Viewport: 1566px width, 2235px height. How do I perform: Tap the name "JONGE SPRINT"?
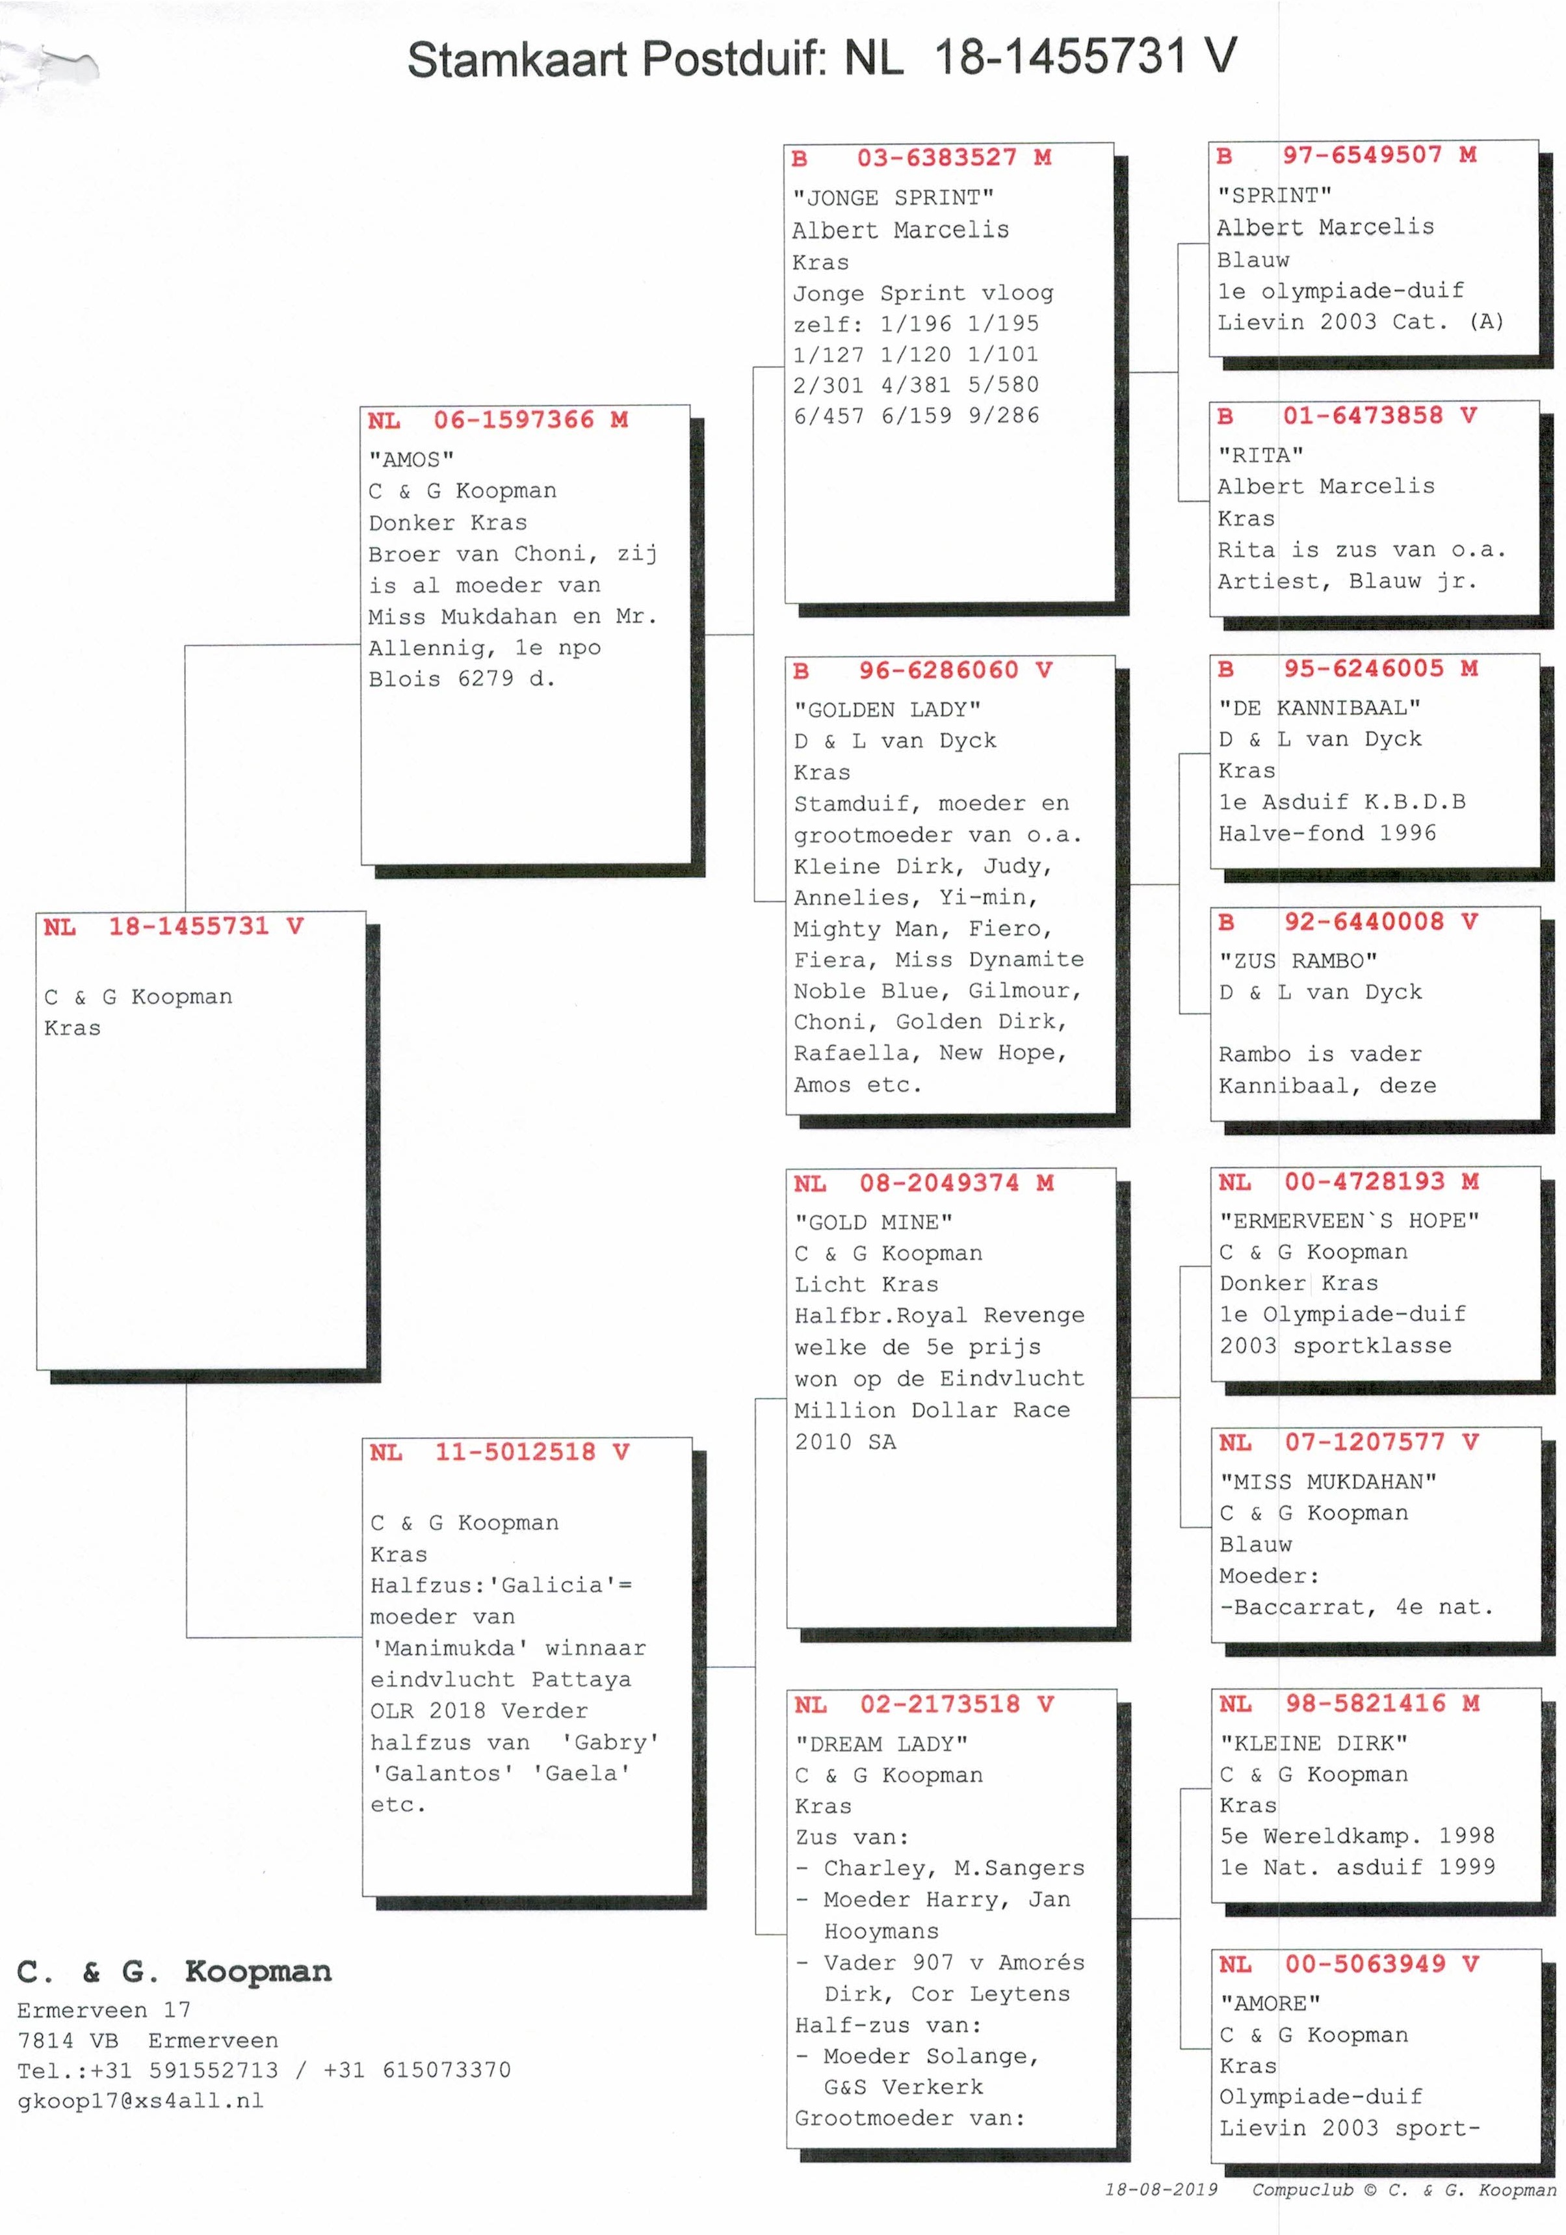pyautogui.click(x=893, y=198)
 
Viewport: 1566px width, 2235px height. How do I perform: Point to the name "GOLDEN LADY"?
pyautogui.click(x=887, y=709)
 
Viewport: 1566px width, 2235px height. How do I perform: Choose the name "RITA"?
pyautogui.click(x=1260, y=455)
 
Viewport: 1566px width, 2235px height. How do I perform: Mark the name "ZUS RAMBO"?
pyautogui.click(x=1298, y=960)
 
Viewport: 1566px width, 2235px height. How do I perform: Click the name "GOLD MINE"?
pyautogui.click(x=873, y=1222)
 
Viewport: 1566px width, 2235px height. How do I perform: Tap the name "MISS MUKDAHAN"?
pyautogui.click(x=1329, y=1481)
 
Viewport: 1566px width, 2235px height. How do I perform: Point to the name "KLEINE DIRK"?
pyautogui.click(x=1314, y=1743)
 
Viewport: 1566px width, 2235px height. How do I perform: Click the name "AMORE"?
pyautogui.click(x=1270, y=2004)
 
